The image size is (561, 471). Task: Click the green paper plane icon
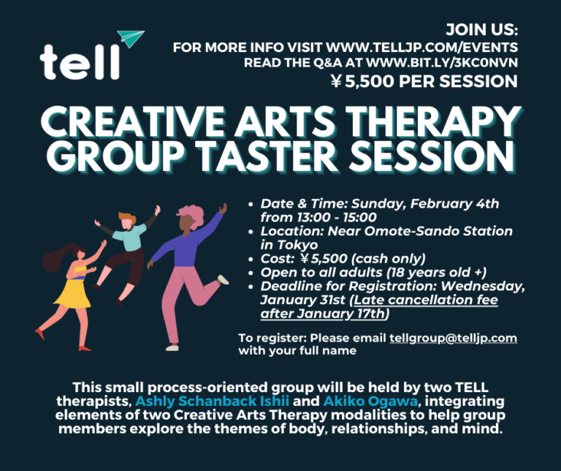tap(131, 38)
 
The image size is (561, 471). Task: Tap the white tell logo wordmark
tap(80, 61)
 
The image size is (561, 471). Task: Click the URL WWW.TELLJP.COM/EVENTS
tap(421, 48)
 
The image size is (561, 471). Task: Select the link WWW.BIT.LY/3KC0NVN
tap(442, 63)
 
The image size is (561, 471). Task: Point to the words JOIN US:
tap(482, 29)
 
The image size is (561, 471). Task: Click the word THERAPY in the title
tap(434, 122)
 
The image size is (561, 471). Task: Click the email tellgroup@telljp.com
tap(454, 338)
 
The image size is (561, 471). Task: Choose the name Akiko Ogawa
tap(370, 402)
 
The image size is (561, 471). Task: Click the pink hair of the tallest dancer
tap(191, 215)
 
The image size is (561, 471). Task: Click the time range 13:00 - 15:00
tap(336, 217)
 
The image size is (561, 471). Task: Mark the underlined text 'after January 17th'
tap(322, 314)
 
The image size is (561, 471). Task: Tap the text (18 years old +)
tap(437, 273)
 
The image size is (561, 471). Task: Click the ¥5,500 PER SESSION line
tap(424, 81)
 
